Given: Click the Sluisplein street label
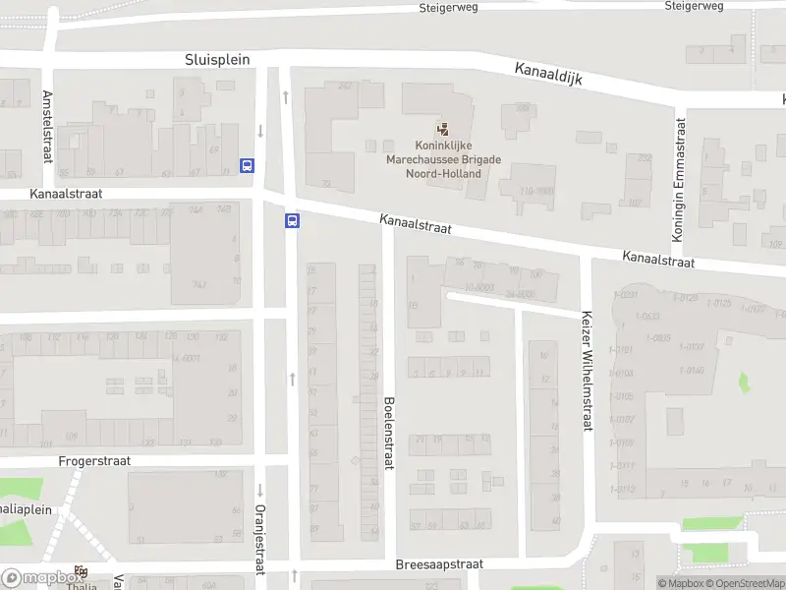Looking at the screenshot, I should point(217,60).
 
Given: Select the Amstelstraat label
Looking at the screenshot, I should point(47,126).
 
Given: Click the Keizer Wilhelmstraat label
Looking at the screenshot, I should point(588,372).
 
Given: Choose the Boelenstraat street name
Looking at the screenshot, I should point(389,430).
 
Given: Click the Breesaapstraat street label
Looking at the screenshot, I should point(439,565).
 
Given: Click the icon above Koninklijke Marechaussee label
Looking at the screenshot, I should point(442,129).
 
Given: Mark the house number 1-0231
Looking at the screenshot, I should point(624,295).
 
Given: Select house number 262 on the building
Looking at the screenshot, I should point(345,87).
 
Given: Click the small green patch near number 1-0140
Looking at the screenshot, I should point(744,381).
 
